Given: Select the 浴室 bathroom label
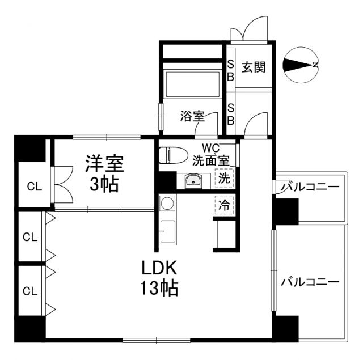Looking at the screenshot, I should point(192,117).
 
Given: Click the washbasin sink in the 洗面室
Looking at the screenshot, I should point(193,181).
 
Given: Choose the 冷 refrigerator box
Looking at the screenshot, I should point(225,205).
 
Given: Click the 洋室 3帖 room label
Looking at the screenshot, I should point(104,173).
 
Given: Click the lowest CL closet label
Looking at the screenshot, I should point(29,291).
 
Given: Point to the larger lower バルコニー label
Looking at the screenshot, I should point(310,282).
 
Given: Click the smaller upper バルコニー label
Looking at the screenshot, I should point(310,187).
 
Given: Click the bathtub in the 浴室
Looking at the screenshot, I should point(191,84).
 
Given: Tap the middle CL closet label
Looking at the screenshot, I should point(29,238).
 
